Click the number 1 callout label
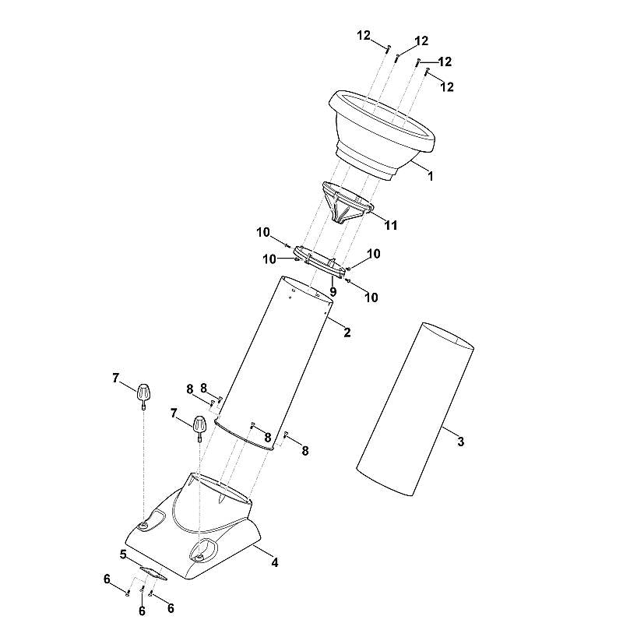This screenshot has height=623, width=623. click(x=430, y=176)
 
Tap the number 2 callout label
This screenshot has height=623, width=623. click(x=347, y=333)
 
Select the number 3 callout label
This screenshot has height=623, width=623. click(x=460, y=441)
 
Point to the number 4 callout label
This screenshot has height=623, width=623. click(x=275, y=562)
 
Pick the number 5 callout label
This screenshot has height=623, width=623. click(x=123, y=554)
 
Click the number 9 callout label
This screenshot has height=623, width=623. click(x=333, y=292)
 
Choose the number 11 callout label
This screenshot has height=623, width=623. click(x=391, y=225)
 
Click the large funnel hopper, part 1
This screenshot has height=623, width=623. click(x=382, y=135)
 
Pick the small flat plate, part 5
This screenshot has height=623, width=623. click(x=153, y=573)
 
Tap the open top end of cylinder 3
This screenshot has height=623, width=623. click(x=448, y=336)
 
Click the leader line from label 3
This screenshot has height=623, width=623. click(x=449, y=432)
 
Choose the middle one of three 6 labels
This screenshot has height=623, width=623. click(x=142, y=611)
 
